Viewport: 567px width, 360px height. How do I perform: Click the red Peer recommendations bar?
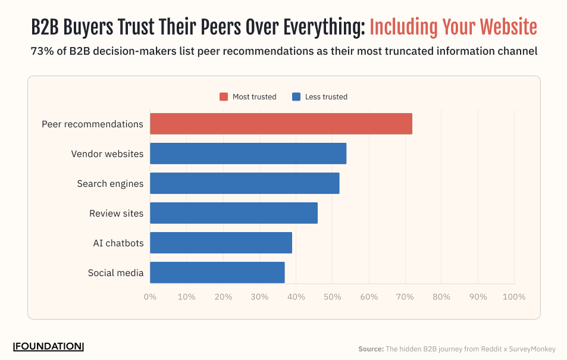pyautogui.click(x=281, y=124)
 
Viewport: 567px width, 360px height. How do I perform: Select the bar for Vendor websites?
pyautogui.click(x=248, y=154)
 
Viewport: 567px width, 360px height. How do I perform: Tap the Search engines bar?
pyautogui.click(x=245, y=183)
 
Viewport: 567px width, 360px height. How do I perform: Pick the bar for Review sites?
pyautogui.click(x=234, y=213)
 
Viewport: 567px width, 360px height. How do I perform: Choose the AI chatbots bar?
pyautogui.click(x=221, y=243)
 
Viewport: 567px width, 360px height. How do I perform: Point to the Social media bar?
pyautogui.click(x=217, y=273)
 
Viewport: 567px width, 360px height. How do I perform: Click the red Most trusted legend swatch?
pyautogui.click(x=224, y=97)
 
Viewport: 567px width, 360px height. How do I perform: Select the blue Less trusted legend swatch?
pyautogui.click(x=296, y=97)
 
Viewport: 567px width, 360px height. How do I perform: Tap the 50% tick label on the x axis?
pyautogui.click(x=332, y=297)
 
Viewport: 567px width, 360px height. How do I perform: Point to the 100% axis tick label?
pyautogui.click(x=514, y=297)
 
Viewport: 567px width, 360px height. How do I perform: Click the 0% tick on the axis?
pyautogui.click(x=150, y=297)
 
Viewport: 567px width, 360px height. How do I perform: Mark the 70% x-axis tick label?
pyautogui.click(x=405, y=297)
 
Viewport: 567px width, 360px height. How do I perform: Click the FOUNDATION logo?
pyautogui.click(x=48, y=346)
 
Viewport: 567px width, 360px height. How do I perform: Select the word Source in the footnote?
pyautogui.click(x=371, y=349)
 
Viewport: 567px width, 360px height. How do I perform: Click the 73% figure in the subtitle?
pyautogui.click(x=40, y=51)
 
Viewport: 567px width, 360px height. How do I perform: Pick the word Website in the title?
pyautogui.click(x=509, y=27)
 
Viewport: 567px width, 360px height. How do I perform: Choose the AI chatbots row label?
pyautogui.click(x=118, y=243)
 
